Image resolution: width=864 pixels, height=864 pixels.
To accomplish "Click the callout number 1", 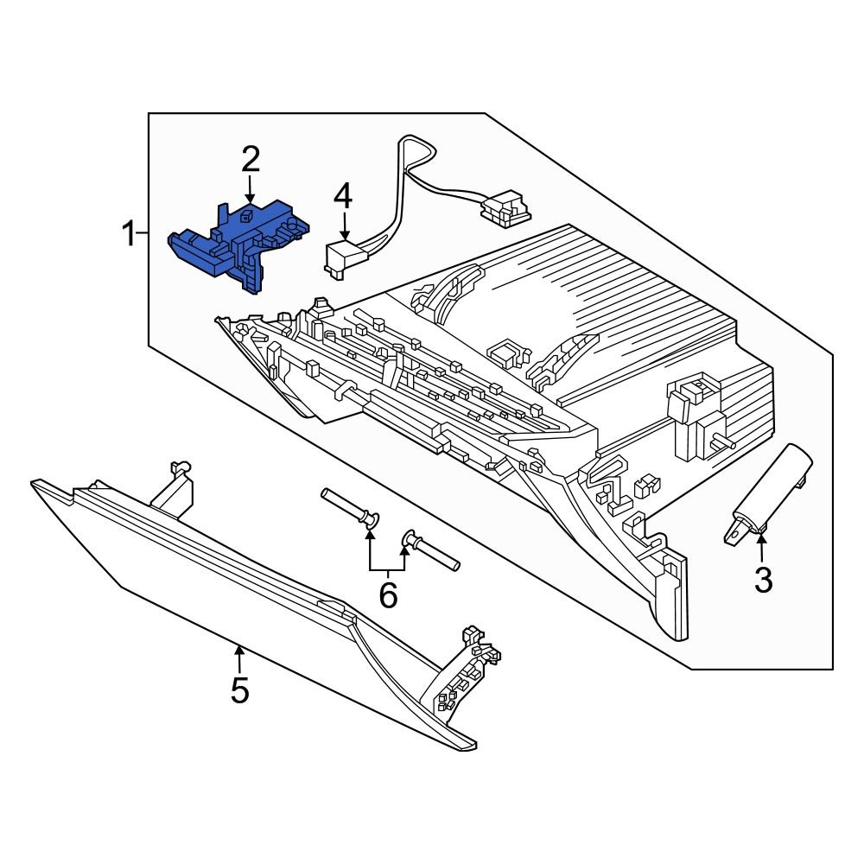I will [128, 233].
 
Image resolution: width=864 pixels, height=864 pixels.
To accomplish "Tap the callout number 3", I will [762, 580].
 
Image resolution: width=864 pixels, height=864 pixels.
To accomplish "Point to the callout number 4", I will [343, 195].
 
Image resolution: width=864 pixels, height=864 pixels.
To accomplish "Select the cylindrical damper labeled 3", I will [769, 492].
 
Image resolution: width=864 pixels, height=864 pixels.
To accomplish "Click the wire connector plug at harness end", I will [505, 208].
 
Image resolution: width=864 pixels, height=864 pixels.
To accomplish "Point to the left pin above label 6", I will [350, 507].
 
